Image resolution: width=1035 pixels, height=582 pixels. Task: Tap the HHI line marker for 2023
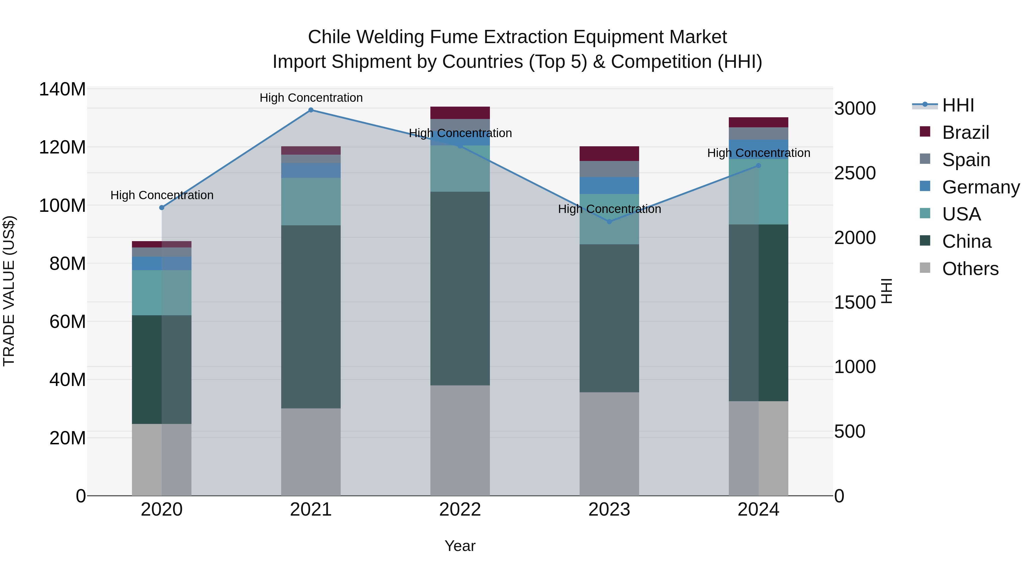click(609, 222)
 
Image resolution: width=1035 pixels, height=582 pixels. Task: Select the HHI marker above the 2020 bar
click(162, 208)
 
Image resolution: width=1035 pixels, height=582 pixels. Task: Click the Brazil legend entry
click(965, 132)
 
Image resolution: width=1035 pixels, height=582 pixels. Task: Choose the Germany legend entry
click(980, 187)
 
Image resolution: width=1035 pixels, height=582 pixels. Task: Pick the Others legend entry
click(970, 269)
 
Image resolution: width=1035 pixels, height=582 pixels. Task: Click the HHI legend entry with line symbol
click(958, 105)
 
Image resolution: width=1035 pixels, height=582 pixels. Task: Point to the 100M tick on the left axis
click(62, 206)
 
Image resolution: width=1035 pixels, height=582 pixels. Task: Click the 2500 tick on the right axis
click(855, 173)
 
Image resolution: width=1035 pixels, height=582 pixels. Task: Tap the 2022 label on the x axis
click(460, 510)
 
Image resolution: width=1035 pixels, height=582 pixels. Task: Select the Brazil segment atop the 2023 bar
click(609, 153)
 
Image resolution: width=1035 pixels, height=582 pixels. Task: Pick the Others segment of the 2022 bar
click(460, 440)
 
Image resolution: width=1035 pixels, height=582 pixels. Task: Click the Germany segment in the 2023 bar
click(609, 186)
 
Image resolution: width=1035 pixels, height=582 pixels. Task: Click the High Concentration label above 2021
click(311, 98)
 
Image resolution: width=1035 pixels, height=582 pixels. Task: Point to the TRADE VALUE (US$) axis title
click(9, 291)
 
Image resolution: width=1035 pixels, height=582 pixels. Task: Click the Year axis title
click(460, 546)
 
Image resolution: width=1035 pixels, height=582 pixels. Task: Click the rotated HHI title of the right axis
click(886, 291)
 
